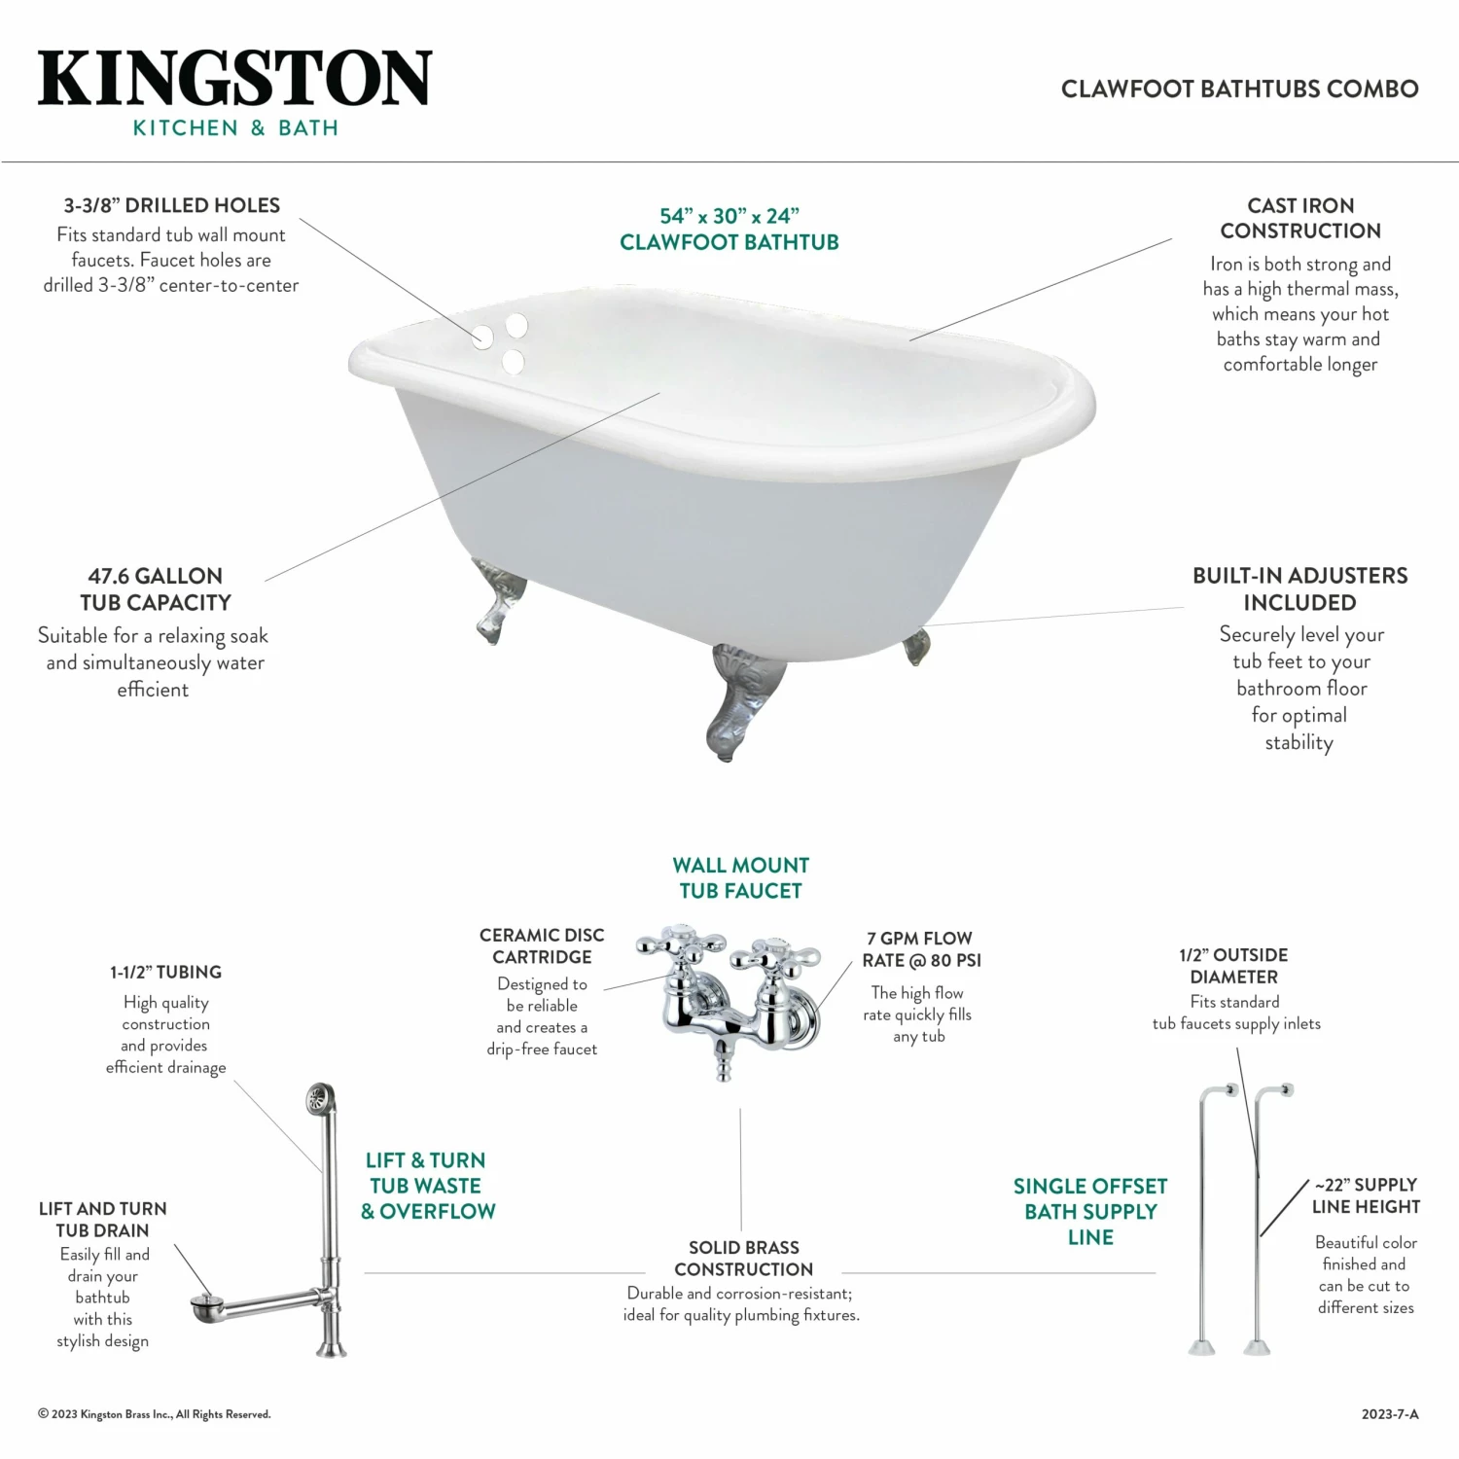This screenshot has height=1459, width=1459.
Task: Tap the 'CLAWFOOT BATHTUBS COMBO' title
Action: tap(1239, 89)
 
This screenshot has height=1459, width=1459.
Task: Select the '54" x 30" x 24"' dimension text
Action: tap(729, 216)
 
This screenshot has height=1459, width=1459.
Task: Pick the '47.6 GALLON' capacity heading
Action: tap(156, 576)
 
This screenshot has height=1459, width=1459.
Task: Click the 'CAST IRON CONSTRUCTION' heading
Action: tap(1300, 218)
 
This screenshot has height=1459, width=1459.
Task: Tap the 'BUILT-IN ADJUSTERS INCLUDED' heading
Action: tap(1299, 588)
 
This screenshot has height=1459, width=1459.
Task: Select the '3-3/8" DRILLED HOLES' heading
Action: tap(172, 205)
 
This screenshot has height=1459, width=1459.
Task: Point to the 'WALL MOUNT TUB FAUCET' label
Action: tap(740, 877)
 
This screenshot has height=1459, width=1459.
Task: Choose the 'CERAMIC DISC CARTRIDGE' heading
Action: tap(542, 945)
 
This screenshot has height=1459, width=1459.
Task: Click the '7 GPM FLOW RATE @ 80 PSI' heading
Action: tap(920, 949)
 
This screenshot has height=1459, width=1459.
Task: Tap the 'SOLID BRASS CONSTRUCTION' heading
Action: tap(743, 1258)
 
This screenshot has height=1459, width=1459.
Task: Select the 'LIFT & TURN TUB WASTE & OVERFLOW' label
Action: tap(427, 1186)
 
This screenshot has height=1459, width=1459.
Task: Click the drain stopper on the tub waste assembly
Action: tap(205, 1299)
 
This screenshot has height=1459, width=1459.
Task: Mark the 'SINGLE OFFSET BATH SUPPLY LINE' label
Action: tap(1090, 1211)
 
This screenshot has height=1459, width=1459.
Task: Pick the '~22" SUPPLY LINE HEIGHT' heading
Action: tap(1366, 1195)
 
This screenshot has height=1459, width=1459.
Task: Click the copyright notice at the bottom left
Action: tap(155, 1414)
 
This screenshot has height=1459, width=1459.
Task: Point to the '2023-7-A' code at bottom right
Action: tap(1390, 1414)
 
